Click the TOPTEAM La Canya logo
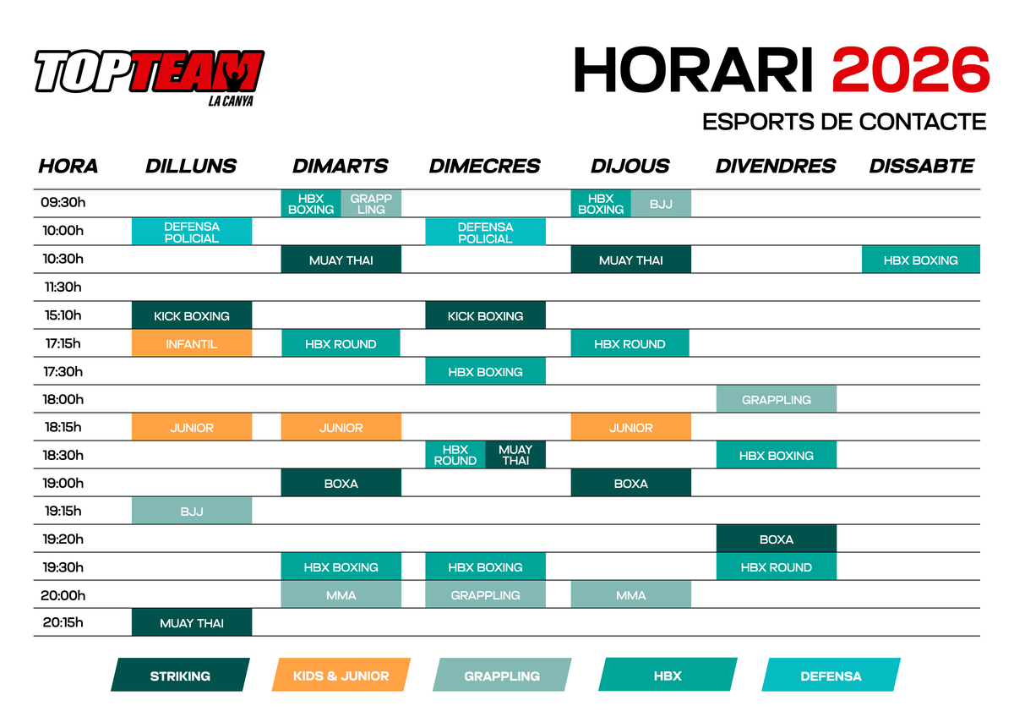pyautogui.click(x=150, y=77)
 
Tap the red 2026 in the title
pyautogui.click(x=910, y=70)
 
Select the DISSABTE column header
pyautogui.click(x=921, y=166)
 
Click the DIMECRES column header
pyautogui.click(x=484, y=166)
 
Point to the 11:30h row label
pyautogui.click(x=63, y=287)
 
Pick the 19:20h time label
pyautogui.click(x=63, y=539)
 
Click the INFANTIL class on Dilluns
pyautogui.click(x=192, y=343)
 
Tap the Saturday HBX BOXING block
pyautogui.click(x=921, y=260)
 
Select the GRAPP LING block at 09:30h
pyautogui.click(x=371, y=204)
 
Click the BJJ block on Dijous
pyautogui.click(x=661, y=204)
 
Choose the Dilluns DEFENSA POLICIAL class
pyautogui.click(x=192, y=232)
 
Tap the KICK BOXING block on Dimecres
pyautogui.click(x=485, y=315)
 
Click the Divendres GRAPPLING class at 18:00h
pyautogui.click(x=777, y=399)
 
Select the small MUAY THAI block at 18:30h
pyautogui.click(x=515, y=455)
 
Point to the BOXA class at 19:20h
pyautogui.click(x=777, y=539)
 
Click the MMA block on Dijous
pyautogui.click(x=631, y=594)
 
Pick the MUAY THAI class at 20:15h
pyautogui.click(x=192, y=622)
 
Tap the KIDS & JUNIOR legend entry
pyautogui.click(x=341, y=675)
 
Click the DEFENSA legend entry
pyautogui.click(x=831, y=675)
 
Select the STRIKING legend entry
pyautogui.click(x=180, y=675)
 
